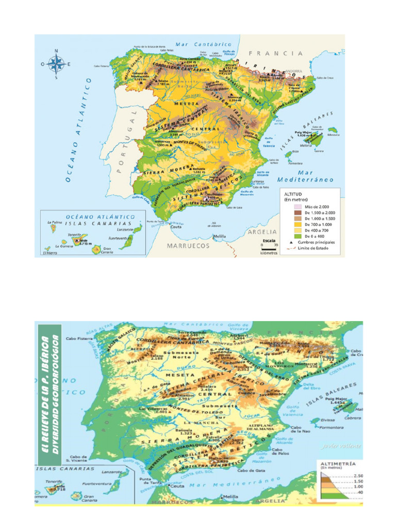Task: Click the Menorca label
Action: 334,135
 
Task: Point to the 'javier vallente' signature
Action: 340,446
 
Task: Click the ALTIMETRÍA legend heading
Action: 338,464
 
